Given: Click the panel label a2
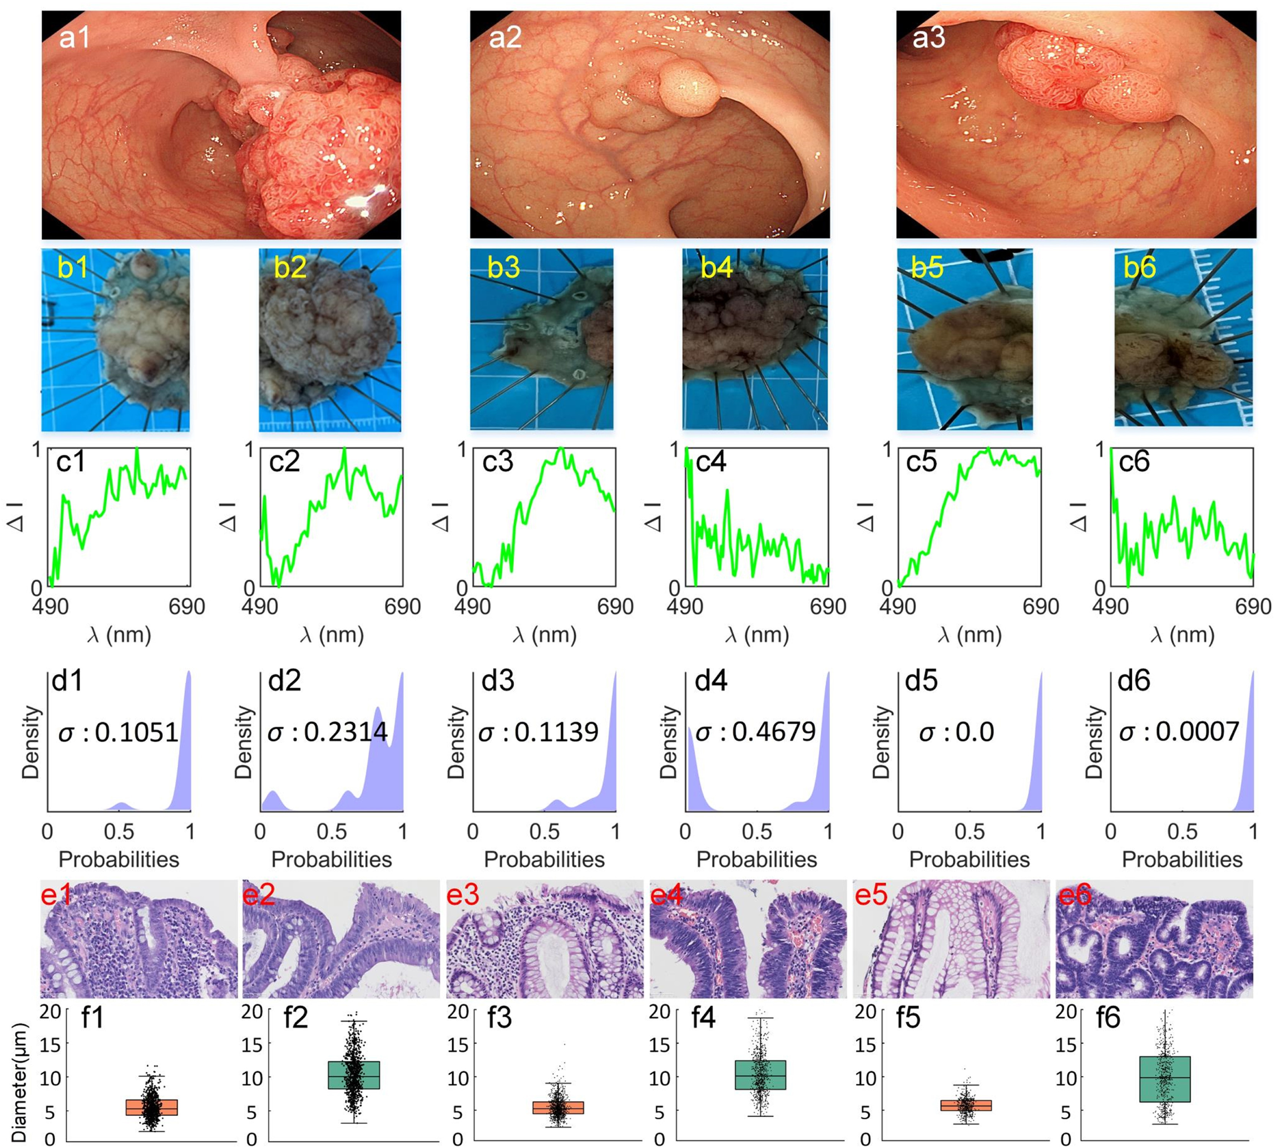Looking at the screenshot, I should point(505,38).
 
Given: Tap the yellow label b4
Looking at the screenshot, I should point(717,268).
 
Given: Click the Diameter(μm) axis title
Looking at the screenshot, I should point(19,1084).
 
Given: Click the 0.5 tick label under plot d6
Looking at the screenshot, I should point(1182,831).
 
